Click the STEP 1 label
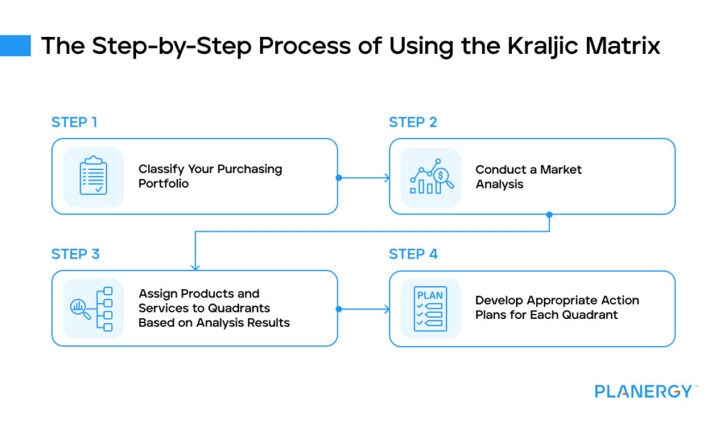pyautogui.click(x=74, y=123)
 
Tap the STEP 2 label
pyautogui.click(x=413, y=123)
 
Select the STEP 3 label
pyautogui.click(x=75, y=254)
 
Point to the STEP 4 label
pyautogui.click(x=413, y=254)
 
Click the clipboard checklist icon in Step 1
pyautogui.click(x=94, y=176)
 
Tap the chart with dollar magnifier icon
pyautogui.click(x=430, y=176)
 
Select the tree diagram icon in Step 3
pyautogui.click(x=94, y=308)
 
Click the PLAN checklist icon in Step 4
pyautogui.click(x=430, y=308)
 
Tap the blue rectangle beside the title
pyautogui.click(x=15, y=46)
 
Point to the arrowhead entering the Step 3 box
pyautogui.click(x=195, y=267)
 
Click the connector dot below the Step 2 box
pyautogui.click(x=549, y=215)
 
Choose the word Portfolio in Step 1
pyautogui.click(x=164, y=184)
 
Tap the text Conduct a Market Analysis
pyautogui.click(x=528, y=177)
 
